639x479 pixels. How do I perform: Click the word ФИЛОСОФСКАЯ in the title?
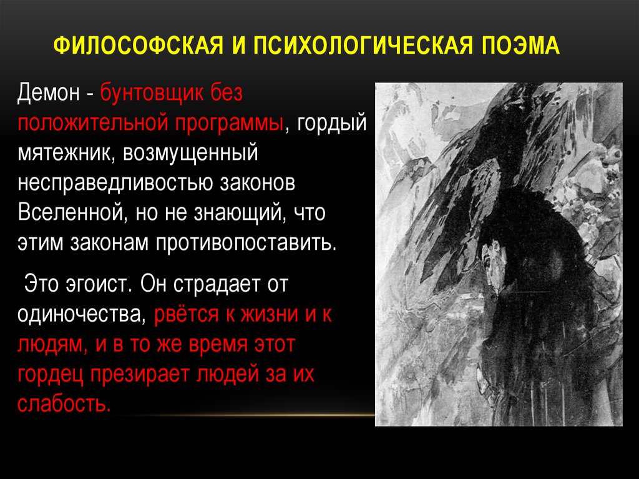(138, 45)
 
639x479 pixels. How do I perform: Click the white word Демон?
(49, 93)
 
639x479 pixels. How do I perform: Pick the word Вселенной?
(71, 212)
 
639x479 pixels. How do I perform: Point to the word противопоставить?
(246, 243)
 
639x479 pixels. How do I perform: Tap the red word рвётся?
(187, 314)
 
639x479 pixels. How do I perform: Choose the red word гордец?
(51, 374)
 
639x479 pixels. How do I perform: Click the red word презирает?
(140, 374)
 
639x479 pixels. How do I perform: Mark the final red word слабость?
(64, 403)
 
